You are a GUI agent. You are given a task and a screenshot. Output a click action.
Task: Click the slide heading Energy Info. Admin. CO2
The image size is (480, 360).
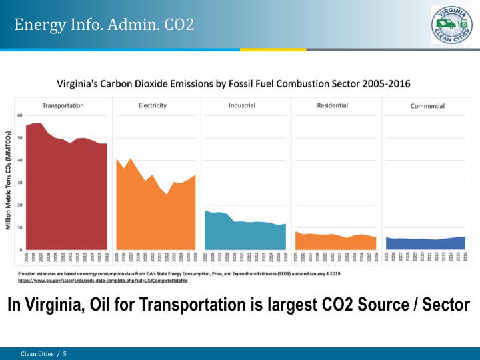(105, 25)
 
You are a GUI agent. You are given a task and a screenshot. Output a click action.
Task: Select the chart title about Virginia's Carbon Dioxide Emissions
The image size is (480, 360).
(233, 84)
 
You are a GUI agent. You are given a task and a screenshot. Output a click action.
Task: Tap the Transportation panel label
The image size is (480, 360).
(63, 105)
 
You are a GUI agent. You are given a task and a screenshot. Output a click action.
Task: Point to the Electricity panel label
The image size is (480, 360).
(152, 105)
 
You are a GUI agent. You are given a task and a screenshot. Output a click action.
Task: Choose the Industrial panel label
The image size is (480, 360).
(242, 105)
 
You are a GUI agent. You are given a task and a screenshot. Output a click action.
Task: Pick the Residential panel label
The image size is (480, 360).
(332, 105)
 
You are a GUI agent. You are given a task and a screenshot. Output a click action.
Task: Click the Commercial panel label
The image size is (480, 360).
(427, 106)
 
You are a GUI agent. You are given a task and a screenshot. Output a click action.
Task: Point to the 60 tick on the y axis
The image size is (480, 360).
(20, 115)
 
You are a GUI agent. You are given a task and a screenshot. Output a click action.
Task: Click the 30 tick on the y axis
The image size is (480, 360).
(20, 183)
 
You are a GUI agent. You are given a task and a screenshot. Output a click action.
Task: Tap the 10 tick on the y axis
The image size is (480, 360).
(20, 227)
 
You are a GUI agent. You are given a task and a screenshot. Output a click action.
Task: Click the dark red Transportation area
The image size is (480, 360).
(65, 193)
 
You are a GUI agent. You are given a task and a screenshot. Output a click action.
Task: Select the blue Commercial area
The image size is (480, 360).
(427, 244)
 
